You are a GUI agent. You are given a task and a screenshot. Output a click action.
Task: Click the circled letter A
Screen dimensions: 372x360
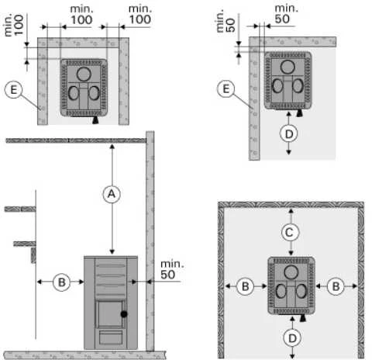112,194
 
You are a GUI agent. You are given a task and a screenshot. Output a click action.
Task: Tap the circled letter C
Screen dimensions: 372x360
290,232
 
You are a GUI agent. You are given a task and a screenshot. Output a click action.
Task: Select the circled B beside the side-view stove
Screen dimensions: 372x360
61,282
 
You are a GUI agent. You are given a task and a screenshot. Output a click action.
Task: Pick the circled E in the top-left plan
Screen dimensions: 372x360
13,89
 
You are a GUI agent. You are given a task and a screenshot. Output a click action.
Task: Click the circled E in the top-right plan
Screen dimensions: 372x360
226,88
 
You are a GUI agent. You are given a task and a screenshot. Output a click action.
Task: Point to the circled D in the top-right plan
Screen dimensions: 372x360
289,133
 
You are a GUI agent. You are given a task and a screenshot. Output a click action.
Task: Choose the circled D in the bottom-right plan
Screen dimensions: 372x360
292,338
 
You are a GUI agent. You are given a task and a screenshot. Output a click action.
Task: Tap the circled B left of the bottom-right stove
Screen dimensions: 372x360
246,286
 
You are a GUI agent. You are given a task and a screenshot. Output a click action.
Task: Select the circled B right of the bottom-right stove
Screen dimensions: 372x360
336,286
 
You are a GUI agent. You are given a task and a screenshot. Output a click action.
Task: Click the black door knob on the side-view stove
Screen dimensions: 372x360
124,314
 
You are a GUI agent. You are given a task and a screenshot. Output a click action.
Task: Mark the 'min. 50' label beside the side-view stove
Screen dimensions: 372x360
172,270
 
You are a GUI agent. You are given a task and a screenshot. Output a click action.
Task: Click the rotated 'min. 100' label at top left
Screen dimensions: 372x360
14,25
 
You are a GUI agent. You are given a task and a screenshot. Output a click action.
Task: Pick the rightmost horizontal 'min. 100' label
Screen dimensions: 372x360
140,15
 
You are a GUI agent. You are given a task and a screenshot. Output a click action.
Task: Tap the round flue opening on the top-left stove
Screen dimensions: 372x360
84,74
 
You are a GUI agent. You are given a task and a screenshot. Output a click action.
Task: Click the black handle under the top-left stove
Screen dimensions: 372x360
95,120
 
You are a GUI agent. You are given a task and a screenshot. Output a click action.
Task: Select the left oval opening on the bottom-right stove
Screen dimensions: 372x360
281,291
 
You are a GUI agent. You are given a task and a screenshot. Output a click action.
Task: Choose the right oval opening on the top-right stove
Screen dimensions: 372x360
298,85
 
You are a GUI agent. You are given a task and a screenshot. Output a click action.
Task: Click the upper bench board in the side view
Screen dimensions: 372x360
20,209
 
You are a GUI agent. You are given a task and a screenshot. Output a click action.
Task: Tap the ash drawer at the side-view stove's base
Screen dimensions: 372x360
111,337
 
